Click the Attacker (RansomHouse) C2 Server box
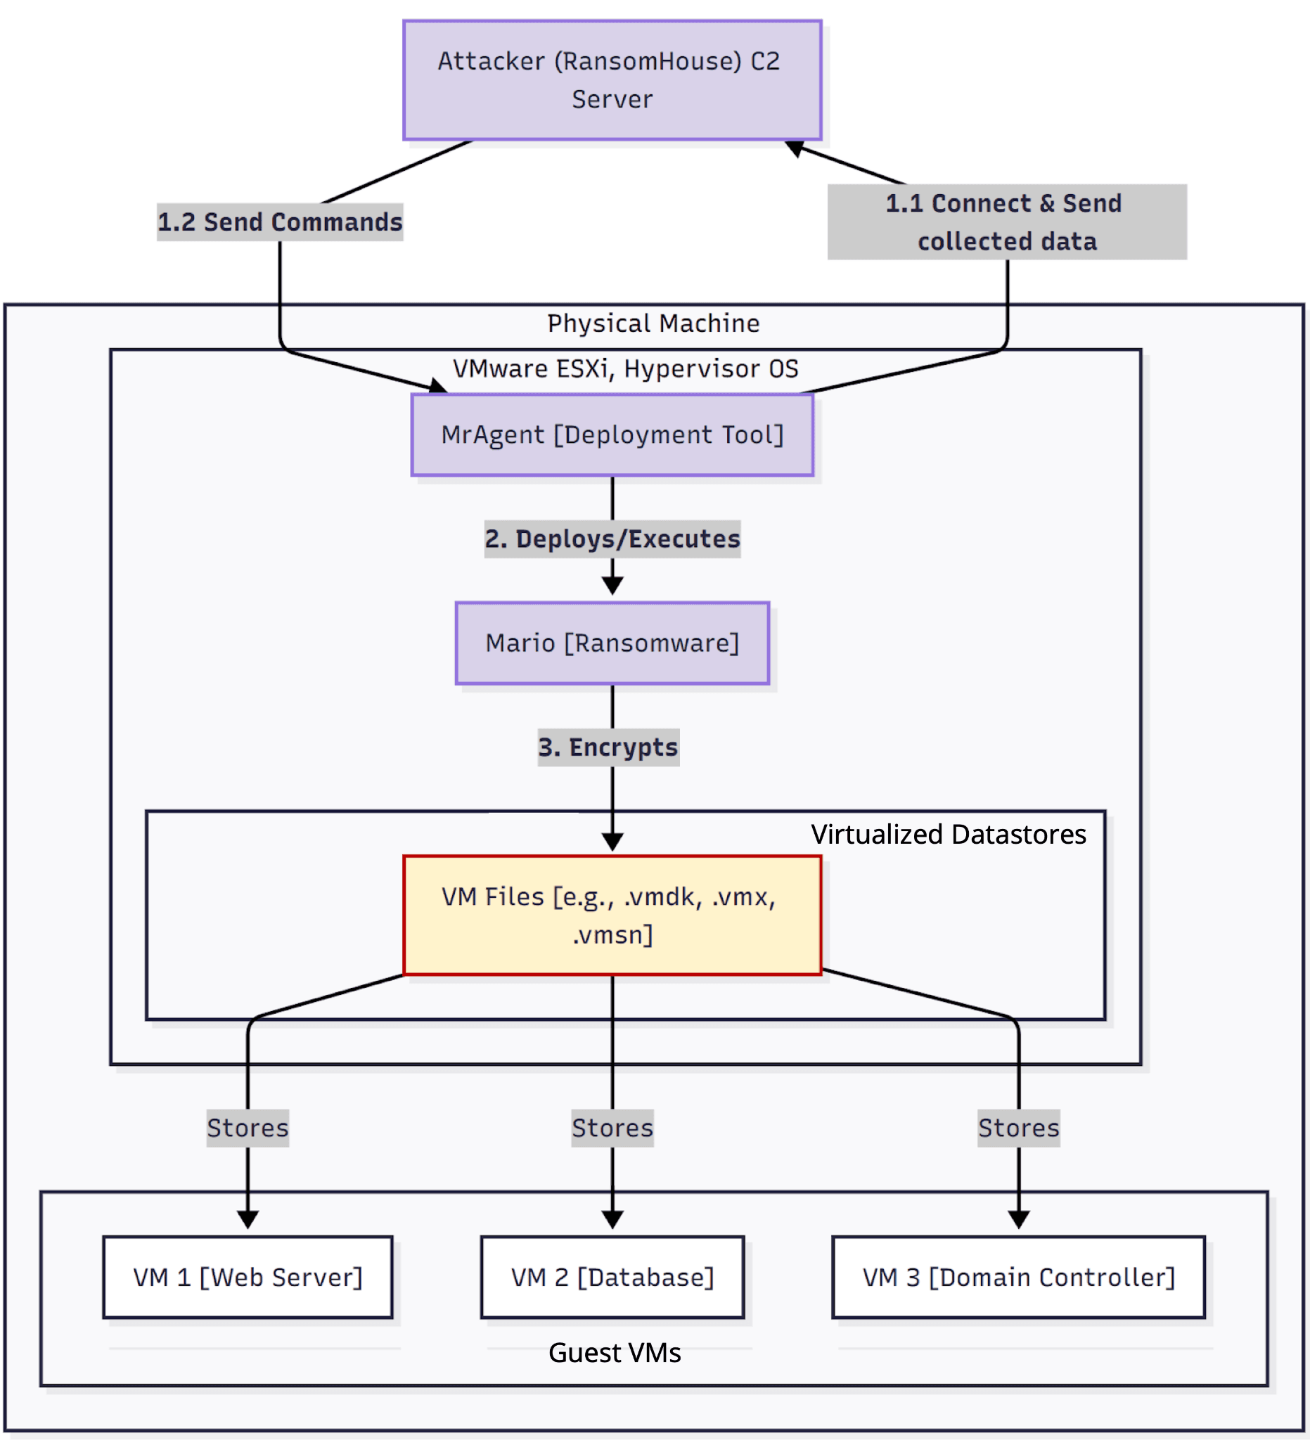coord(612,80)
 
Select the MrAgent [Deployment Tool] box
coord(612,435)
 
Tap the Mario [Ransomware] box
coord(612,643)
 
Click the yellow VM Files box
coord(612,915)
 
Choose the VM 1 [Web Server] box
coord(248,1277)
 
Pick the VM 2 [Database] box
coord(612,1277)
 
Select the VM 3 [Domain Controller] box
coord(1019,1277)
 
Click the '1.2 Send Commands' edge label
coord(280,222)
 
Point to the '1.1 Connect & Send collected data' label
coord(1006,222)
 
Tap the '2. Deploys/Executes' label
coord(612,539)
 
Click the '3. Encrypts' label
coord(608,747)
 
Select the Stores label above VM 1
coord(248,1128)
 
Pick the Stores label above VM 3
coord(1019,1128)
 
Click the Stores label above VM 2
coord(612,1128)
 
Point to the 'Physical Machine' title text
coord(653,323)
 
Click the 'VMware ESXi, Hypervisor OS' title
coord(626,368)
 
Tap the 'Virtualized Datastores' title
coord(948,835)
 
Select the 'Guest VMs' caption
coord(615,1353)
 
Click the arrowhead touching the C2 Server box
coord(795,148)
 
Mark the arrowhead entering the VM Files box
coord(612,842)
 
